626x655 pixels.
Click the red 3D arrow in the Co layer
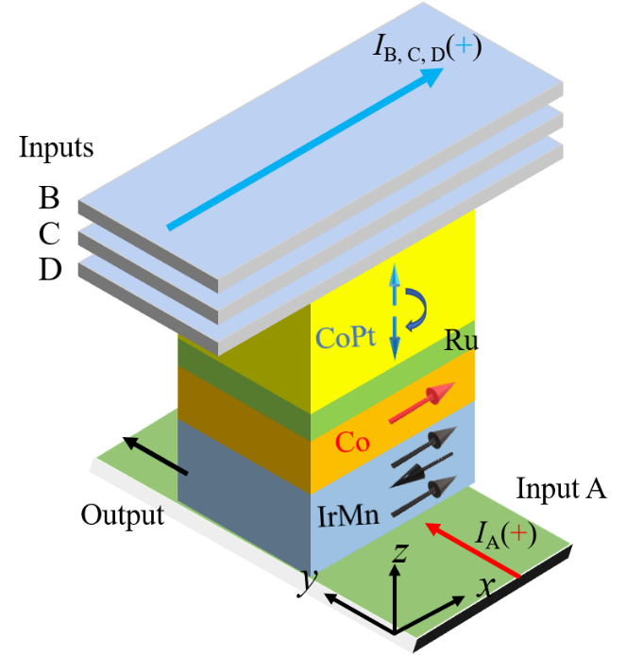point(422,401)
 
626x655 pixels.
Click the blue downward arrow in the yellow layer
point(395,340)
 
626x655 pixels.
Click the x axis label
point(485,587)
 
